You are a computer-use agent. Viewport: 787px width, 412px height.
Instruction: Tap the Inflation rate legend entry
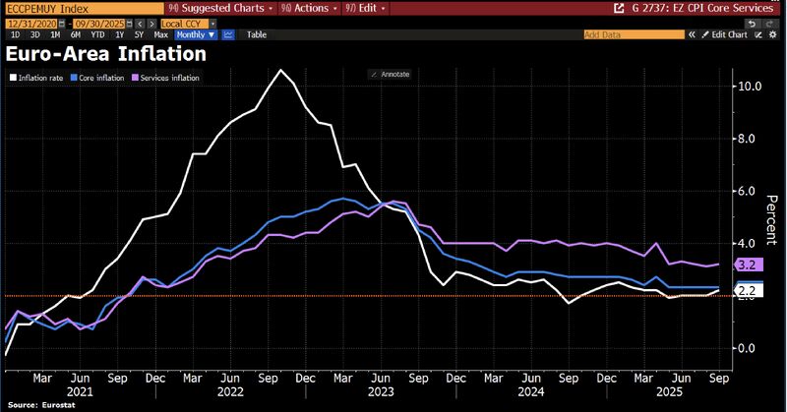coord(38,77)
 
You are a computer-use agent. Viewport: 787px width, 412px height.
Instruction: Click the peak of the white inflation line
coord(281,70)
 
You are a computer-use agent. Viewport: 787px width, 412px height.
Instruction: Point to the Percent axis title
coord(772,217)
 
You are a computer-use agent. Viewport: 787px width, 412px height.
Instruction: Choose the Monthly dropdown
coord(197,33)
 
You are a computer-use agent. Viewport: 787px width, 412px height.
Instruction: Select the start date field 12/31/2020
coord(24,21)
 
